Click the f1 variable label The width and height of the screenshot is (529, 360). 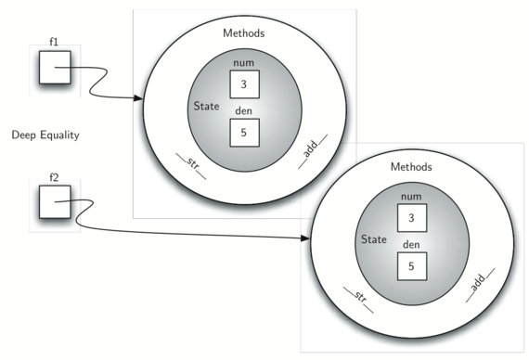point(54,42)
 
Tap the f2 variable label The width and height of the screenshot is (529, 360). point(54,177)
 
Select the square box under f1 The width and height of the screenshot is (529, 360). point(55,68)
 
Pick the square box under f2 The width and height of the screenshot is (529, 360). point(55,201)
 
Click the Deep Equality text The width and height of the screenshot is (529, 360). point(45,135)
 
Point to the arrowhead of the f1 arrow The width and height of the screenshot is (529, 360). point(138,98)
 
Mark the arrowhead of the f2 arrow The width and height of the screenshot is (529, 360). point(305,238)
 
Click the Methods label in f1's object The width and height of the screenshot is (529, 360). point(243,33)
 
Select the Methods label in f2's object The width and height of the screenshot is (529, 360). point(411,167)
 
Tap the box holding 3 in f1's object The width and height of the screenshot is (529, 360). point(245,84)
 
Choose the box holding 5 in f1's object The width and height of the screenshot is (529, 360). point(245,133)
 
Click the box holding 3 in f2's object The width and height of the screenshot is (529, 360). point(412,218)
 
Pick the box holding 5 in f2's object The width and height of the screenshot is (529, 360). point(412,266)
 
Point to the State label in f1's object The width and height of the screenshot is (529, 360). point(206,106)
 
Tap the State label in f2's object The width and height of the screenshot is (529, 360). point(374,239)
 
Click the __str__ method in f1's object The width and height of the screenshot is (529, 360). point(191,164)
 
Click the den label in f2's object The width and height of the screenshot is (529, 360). point(411,244)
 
